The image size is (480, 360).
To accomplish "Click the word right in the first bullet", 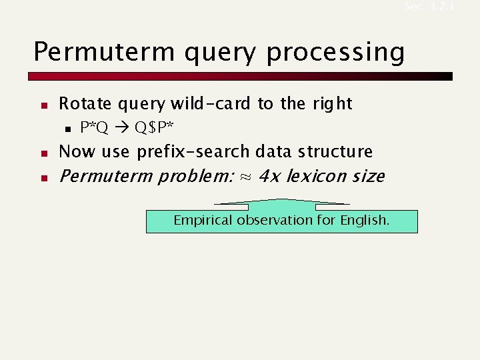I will pos(331,104).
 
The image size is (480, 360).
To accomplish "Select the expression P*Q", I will pos(94,127).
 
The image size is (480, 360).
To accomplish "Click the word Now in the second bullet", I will pos(77,151).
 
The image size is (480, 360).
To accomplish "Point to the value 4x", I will pos(269,177).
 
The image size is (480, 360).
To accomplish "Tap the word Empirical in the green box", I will pos(202,221).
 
